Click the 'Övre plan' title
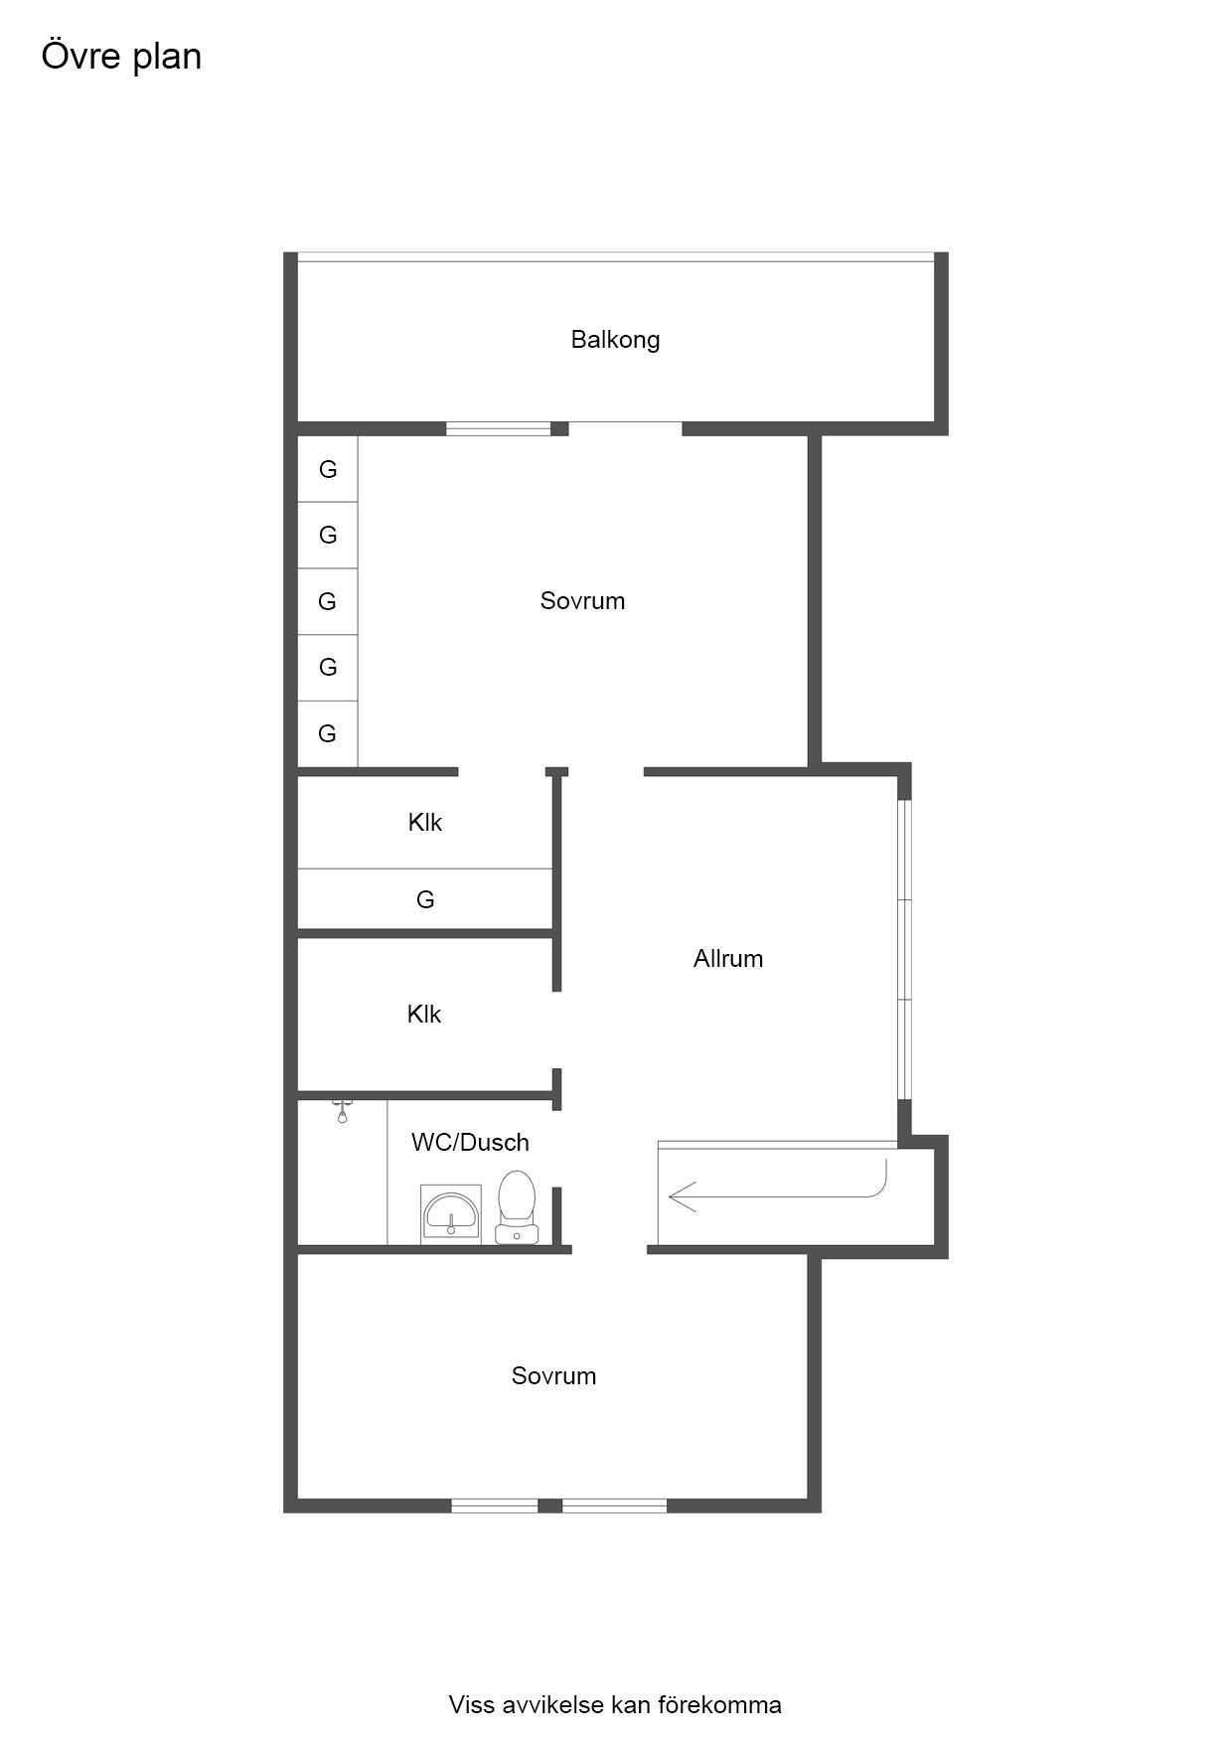[121, 57]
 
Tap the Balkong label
[615, 340]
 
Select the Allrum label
[728, 959]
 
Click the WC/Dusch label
[470, 1143]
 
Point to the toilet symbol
[517, 1206]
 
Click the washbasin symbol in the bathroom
[452, 1213]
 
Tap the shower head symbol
[342, 1111]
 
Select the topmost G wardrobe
[328, 469]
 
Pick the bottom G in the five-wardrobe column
[328, 733]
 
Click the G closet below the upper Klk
[425, 899]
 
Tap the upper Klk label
[425, 823]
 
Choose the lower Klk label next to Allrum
[424, 1015]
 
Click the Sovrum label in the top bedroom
[582, 601]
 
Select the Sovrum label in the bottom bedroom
[553, 1376]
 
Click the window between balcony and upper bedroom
[498, 429]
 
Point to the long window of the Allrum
[904, 949]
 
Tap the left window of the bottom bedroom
[495, 1505]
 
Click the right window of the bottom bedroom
[615, 1505]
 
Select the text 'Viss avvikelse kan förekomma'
[615, 1705]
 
